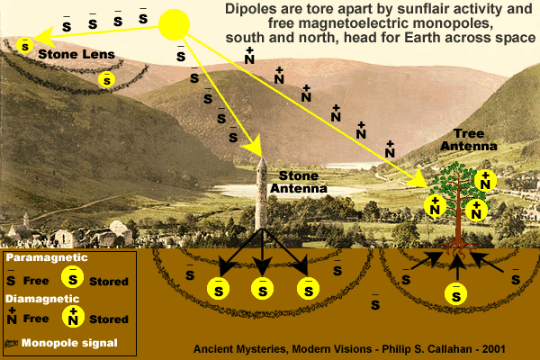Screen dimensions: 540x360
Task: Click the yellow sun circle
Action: pyautogui.click(x=174, y=25)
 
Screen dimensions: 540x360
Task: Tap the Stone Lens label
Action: pyautogui.click(x=76, y=54)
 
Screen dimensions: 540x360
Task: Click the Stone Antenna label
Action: pyautogui.click(x=299, y=182)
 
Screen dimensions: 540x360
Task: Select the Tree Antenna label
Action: pyautogui.click(x=469, y=139)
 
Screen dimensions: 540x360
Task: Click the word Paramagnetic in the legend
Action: pyautogui.click(x=47, y=257)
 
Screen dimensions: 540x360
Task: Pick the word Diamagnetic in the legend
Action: pyautogui.click(x=42, y=299)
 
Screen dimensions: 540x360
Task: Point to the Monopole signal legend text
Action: pyautogui.click(x=69, y=343)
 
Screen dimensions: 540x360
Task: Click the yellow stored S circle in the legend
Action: pyautogui.click(x=72, y=277)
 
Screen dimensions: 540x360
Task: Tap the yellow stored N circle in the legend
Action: pyautogui.click(x=73, y=316)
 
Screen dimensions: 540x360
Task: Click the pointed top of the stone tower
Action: pyautogui.click(x=262, y=158)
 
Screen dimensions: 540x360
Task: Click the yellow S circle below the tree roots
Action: pyautogui.click(x=455, y=294)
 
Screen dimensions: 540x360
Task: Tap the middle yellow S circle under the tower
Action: pyautogui.click(x=263, y=288)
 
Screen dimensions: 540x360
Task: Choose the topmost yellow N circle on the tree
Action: pyautogui.click(x=485, y=181)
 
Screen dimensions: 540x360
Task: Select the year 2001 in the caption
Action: pyautogui.click(x=493, y=349)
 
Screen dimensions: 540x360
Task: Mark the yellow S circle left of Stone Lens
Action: pyautogui.click(x=25, y=46)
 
